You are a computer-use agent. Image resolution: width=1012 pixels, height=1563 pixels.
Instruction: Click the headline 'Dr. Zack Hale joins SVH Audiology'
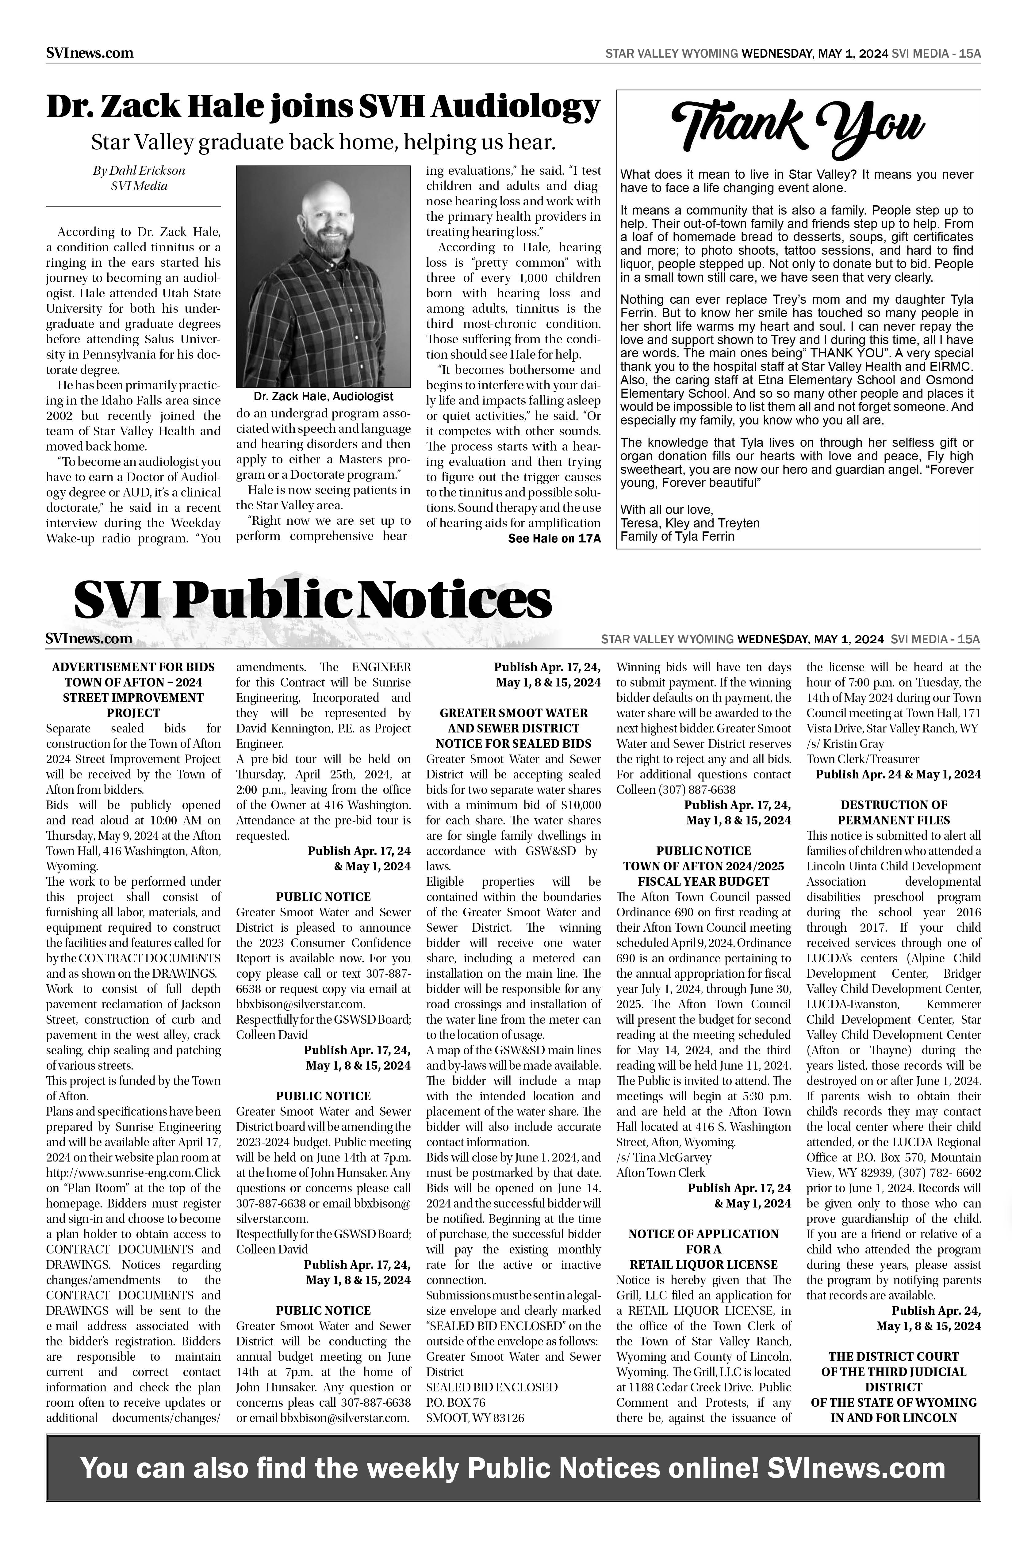pyautogui.click(x=323, y=107)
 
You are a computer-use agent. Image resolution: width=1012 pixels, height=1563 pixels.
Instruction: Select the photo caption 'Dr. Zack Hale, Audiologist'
pyautogui.click(x=323, y=397)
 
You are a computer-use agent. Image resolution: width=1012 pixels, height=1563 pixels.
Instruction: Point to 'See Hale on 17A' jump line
pyautogui.click(x=554, y=538)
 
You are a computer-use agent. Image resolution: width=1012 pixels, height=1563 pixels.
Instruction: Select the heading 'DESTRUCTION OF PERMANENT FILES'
pyautogui.click(x=894, y=812)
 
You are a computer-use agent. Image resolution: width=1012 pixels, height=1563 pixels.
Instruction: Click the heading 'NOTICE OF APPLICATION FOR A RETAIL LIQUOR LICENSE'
pyautogui.click(x=703, y=1249)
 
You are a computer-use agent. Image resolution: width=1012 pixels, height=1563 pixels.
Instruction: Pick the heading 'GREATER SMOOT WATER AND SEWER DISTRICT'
pyautogui.click(x=513, y=721)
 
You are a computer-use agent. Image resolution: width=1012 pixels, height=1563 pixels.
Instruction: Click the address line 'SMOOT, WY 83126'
pyautogui.click(x=475, y=1418)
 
